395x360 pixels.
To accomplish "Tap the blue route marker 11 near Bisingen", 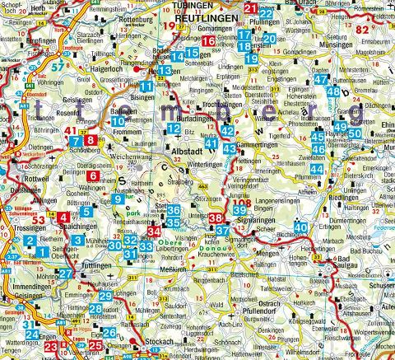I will (x=146, y=86).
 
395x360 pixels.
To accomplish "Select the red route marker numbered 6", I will (x=93, y=175).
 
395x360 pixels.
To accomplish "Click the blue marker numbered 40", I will (x=302, y=227).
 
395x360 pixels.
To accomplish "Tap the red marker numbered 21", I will (x=251, y=9).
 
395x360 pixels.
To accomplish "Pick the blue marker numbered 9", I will (x=119, y=199).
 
